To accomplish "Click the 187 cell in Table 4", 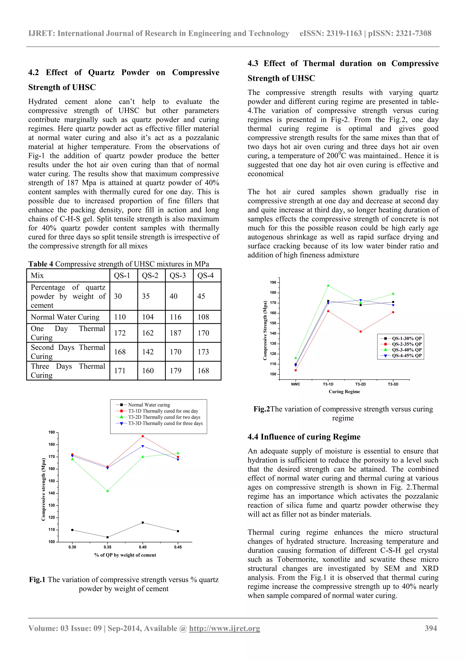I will (176, 333).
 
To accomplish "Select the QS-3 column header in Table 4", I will (178, 276).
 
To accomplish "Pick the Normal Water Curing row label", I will (65, 317).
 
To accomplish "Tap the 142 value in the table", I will (148, 352).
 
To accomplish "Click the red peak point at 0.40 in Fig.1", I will (143, 436).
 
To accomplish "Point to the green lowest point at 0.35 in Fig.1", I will (108, 491).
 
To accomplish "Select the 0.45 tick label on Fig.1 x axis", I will (178, 547).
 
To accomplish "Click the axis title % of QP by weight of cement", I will (125, 555).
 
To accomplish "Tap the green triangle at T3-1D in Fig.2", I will (328, 286).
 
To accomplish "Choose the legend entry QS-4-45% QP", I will (406, 355).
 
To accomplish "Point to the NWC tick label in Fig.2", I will (296, 384).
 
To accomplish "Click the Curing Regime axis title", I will (344, 392).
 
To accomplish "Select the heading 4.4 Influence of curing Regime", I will (304, 437).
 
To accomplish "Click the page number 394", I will (431, 628).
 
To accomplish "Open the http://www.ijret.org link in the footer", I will (224, 628).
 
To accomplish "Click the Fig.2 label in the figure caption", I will (261, 409).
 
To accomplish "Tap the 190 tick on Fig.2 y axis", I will (273, 282).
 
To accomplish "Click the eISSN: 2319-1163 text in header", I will (330, 33).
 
